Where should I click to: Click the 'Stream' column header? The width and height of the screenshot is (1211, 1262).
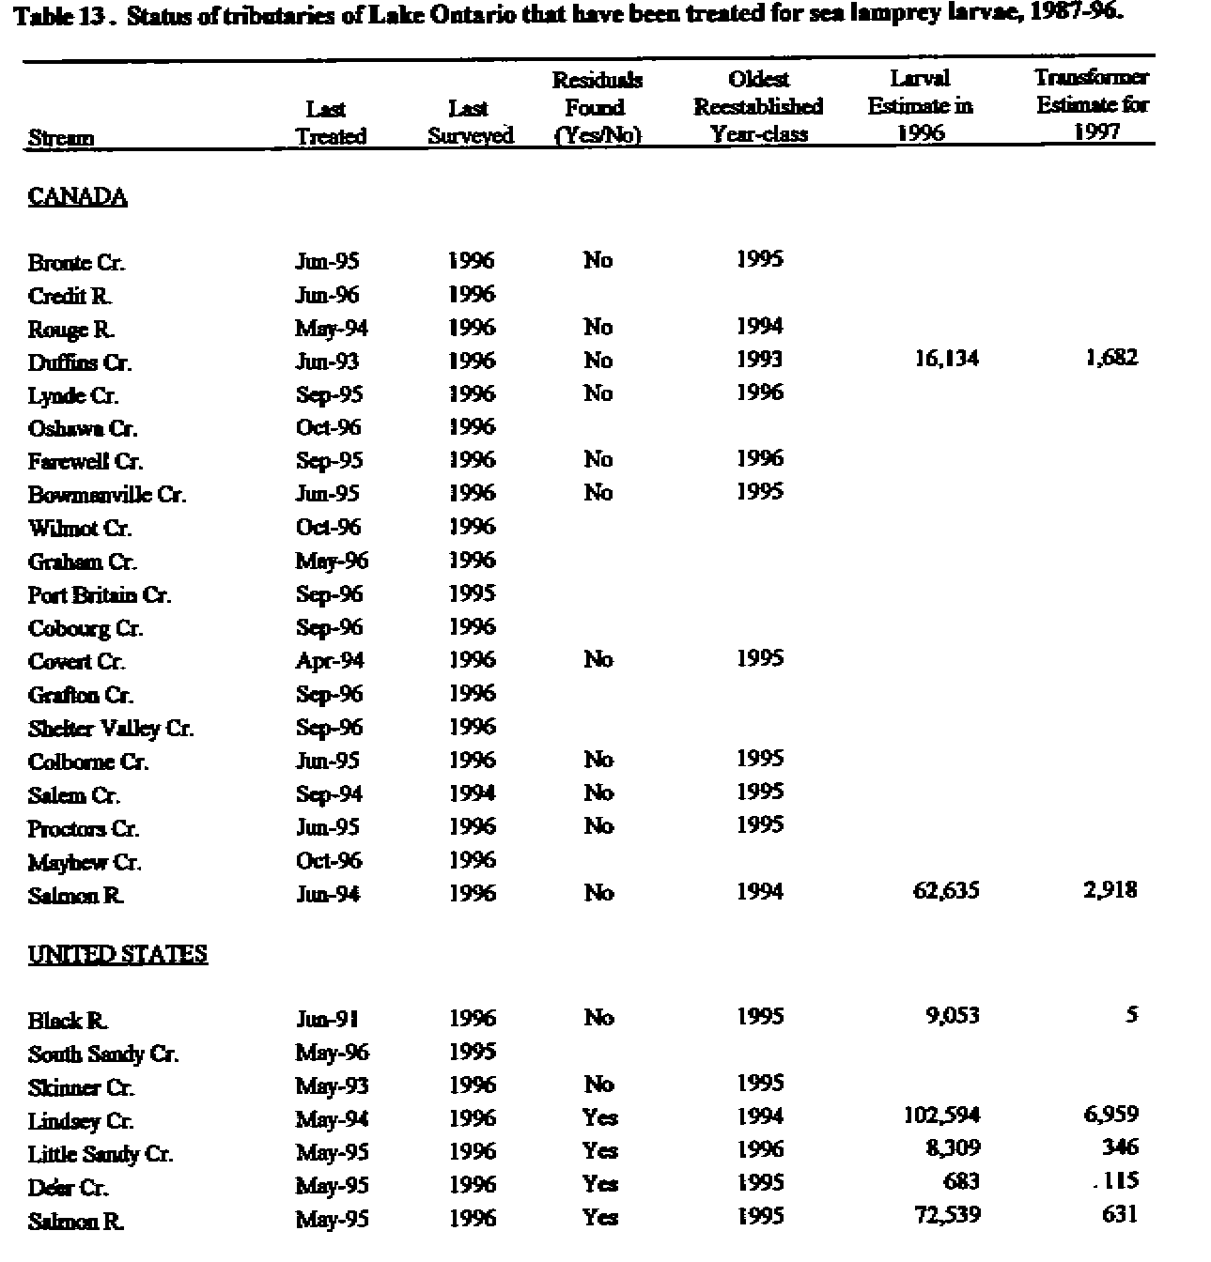pyautogui.click(x=61, y=138)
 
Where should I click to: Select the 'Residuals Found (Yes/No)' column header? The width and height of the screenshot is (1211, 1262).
pyautogui.click(x=598, y=107)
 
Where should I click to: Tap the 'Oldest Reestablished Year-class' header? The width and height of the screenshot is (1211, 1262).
pyautogui.click(x=758, y=106)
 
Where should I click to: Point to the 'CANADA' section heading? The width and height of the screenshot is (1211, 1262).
pyautogui.click(x=77, y=197)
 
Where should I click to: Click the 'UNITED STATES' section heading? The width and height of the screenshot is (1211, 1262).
pyautogui.click(x=117, y=955)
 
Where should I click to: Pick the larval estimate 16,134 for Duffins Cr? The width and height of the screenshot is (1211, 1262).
pyautogui.click(x=946, y=359)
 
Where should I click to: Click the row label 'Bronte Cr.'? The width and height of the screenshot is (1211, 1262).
pyautogui.click(x=75, y=262)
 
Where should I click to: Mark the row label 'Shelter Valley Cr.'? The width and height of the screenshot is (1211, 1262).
pyautogui.click(x=111, y=729)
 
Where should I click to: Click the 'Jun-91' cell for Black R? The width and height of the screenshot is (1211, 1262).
pyautogui.click(x=327, y=1020)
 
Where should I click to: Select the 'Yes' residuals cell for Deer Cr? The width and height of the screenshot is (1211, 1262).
pyautogui.click(x=599, y=1185)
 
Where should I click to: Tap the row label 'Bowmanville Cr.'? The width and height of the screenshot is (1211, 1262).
pyautogui.click(x=106, y=495)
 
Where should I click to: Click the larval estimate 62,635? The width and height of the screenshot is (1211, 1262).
pyautogui.click(x=946, y=890)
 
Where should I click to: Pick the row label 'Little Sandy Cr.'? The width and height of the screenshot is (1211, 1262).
pyautogui.click(x=101, y=1154)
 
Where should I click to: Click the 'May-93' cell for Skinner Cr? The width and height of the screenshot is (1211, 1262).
pyautogui.click(x=332, y=1086)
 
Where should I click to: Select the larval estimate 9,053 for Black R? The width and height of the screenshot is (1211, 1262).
pyautogui.click(x=953, y=1016)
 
